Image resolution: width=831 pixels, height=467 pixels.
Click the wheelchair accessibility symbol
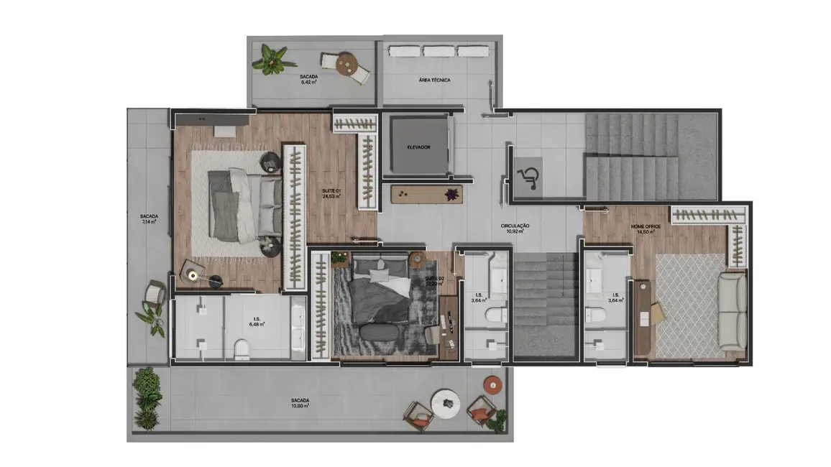pos(530,175)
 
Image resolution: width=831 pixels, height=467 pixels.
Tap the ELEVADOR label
pos(418,147)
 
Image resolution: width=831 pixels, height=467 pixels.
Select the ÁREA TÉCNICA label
pos(434,80)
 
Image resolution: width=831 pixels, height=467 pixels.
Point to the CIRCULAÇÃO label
pos(515,226)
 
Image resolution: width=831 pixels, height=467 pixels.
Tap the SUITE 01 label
pos(331,191)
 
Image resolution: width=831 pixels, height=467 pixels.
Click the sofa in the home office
pos(733,310)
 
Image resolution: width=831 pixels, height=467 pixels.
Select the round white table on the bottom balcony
pos(445,402)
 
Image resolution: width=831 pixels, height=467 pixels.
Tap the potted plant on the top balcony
pos(270,60)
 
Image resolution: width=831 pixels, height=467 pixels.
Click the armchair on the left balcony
pos(155,295)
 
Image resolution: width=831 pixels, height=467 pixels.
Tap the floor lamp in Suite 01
pos(193,273)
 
